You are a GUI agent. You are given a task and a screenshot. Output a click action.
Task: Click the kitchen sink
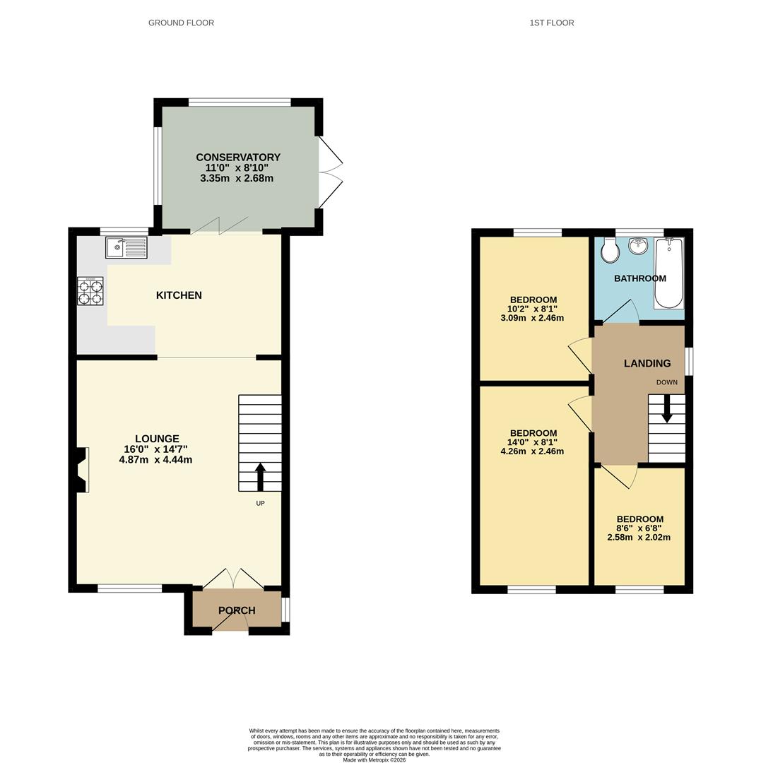[x=126, y=248]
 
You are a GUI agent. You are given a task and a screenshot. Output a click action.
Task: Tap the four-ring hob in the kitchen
[x=90, y=290]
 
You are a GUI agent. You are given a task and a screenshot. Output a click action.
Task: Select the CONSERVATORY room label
[x=238, y=158]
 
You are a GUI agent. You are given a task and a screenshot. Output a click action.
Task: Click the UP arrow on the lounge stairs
[x=260, y=476]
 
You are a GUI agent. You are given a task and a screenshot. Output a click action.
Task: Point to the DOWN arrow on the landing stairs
[x=666, y=410]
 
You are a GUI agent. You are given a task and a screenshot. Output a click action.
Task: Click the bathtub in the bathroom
[x=668, y=274]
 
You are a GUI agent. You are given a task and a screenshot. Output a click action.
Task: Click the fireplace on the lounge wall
[x=81, y=470]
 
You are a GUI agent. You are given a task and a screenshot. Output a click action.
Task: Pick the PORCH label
[x=237, y=610]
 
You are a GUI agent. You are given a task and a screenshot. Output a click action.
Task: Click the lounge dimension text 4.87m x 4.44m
[x=156, y=460]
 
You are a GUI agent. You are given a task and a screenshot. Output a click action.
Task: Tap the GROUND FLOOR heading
[x=181, y=23]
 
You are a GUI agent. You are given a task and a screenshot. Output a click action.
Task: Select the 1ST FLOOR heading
[x=552, y=23]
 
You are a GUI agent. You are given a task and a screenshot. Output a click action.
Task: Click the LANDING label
[x=647, y=363]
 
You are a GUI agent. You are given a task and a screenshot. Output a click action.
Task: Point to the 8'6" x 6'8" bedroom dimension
[x=639, y=528]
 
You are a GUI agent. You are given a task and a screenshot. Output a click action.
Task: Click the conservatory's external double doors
[x=331, y=172]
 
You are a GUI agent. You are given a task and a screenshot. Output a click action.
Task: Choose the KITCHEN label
[x=179, y=295]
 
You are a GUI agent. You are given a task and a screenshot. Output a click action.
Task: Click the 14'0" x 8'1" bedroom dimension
[x=533, y=442]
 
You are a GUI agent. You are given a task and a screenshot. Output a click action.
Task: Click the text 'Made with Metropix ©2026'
[x=374, y=759]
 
